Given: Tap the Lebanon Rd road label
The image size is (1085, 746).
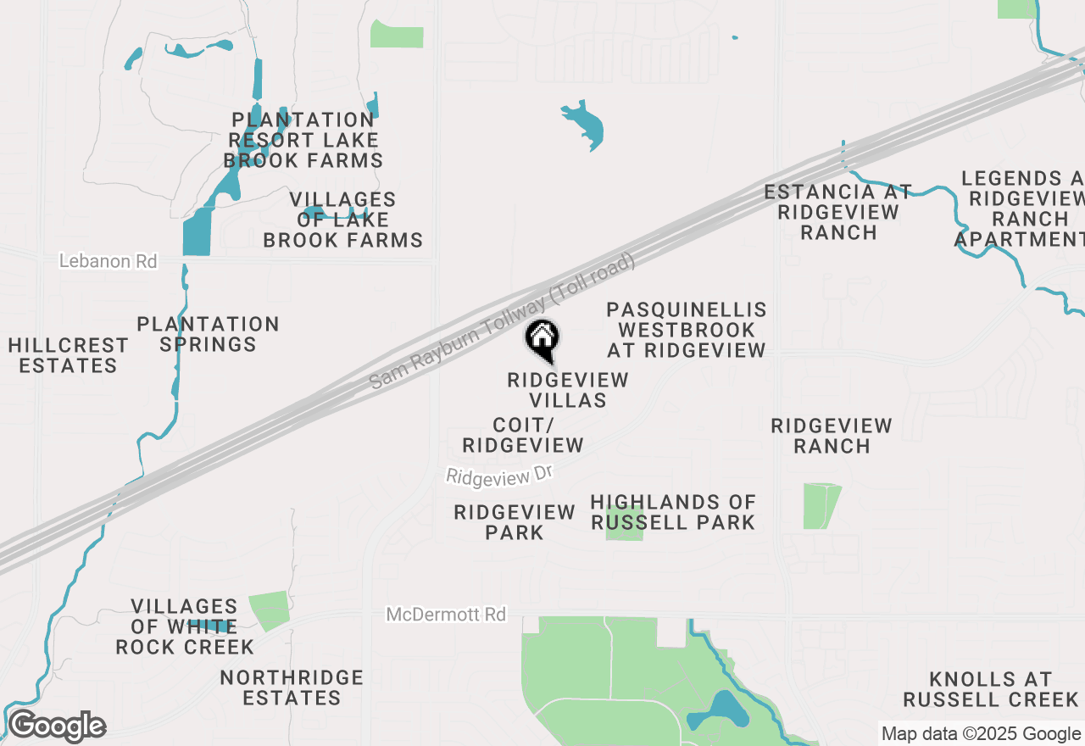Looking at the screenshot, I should point(108,261).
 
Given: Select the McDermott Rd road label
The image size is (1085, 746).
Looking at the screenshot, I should point(446,614).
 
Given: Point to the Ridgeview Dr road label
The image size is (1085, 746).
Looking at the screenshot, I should point(499,476).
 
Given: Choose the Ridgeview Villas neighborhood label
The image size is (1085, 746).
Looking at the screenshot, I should point(568,390).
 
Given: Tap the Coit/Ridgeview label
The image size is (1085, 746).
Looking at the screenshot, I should point(523,435).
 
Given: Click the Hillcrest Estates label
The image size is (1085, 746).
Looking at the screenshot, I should point(68,355).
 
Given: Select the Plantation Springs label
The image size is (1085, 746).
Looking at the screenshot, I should point(209,334).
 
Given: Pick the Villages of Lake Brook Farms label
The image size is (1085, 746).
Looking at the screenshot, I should point(342,220).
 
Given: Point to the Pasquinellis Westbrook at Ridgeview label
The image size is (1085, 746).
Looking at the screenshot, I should point(687,330).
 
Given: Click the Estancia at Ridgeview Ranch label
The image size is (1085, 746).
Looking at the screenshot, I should point(838,212).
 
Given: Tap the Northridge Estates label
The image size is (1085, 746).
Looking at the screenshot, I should point(292,688).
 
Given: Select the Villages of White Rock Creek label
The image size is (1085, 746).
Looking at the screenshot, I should point(185,626).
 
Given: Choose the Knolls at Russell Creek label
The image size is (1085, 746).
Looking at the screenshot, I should point(990,689).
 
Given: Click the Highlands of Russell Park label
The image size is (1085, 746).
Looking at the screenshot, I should point(673,513).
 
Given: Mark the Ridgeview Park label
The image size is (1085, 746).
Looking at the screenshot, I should point(515,522).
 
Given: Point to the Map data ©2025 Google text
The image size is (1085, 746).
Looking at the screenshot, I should point(981,734).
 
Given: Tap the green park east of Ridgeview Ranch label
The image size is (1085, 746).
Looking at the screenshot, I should point(820,505).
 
